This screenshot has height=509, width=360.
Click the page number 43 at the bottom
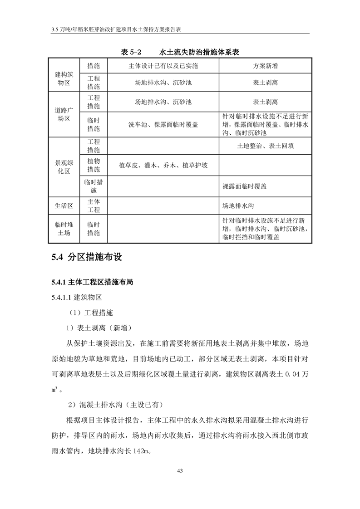(180, 470)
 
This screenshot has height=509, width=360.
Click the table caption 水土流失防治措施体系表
(200, 53)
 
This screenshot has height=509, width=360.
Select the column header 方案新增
(266, 66)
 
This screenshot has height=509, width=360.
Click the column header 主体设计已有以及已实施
(163, 66)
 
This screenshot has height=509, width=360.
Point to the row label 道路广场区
(64, 114)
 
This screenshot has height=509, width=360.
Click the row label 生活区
(64, 206)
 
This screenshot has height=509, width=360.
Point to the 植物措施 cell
(94, 166)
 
